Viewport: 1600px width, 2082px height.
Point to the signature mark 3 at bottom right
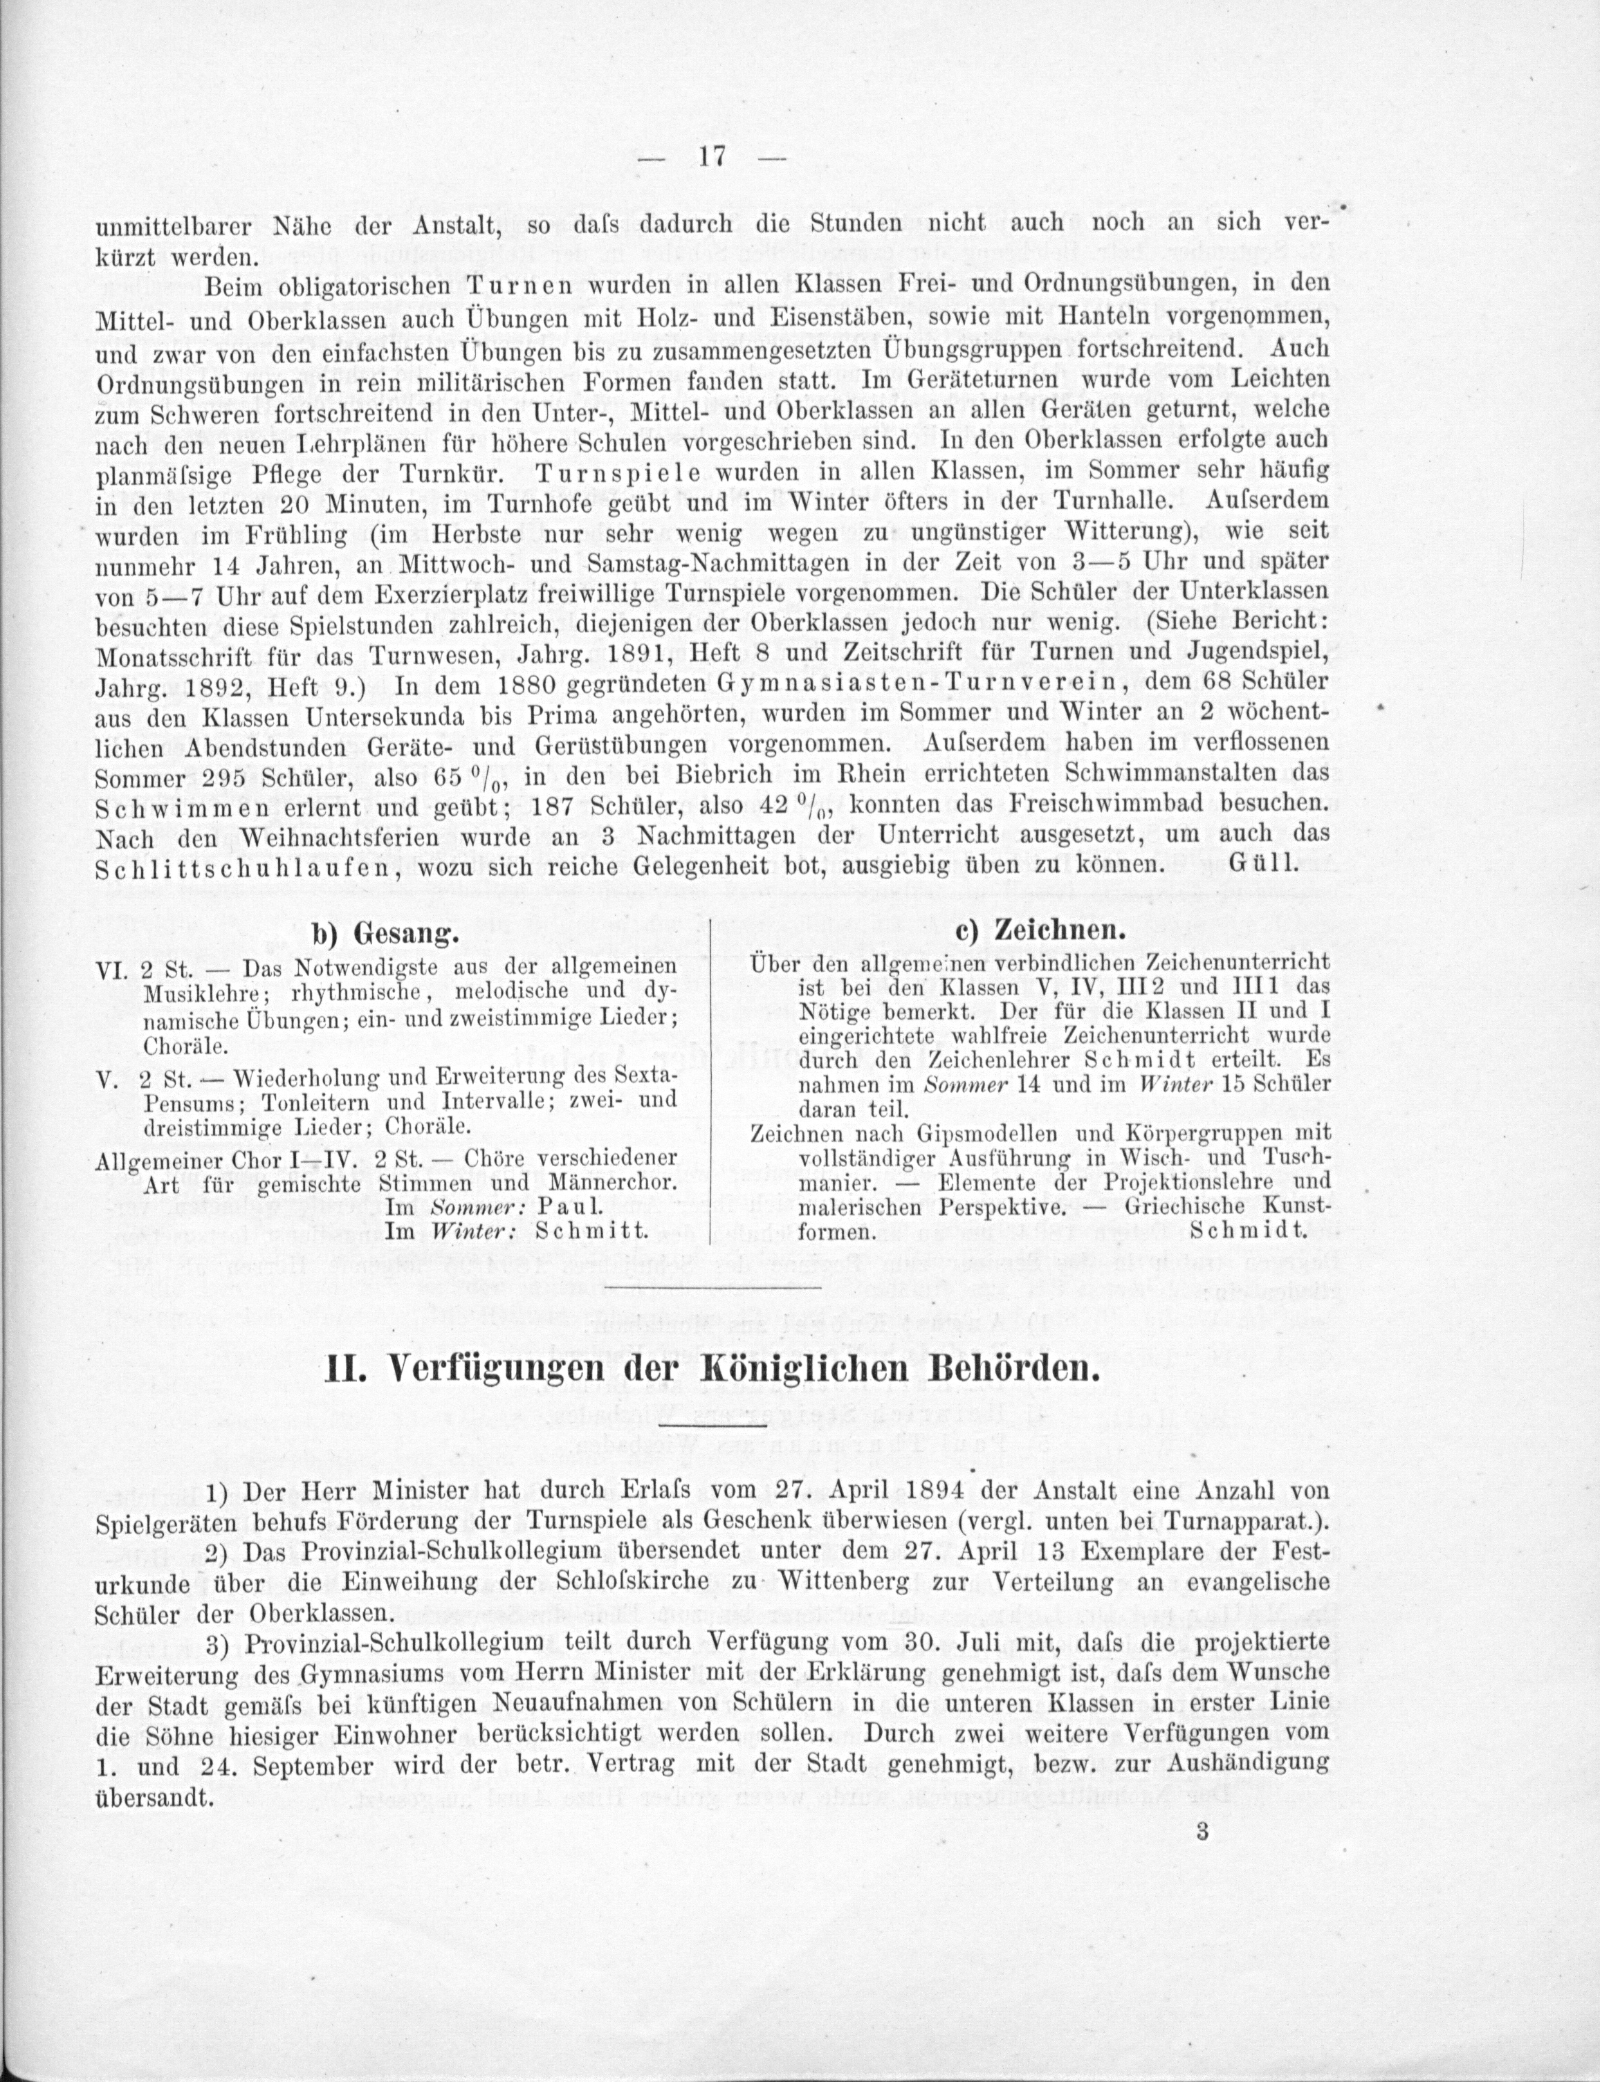coord(1203,1832)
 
